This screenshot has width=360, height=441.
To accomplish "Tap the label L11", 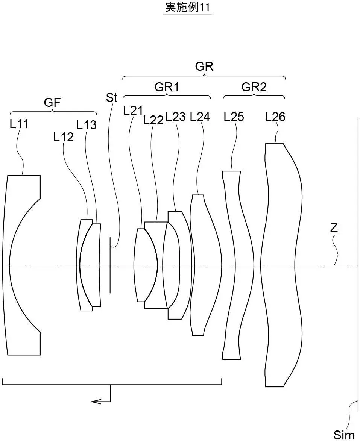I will (x=19, y=124).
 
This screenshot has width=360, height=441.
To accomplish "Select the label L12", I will (x=63, y=138).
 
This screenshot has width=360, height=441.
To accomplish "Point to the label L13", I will (x=86, y=125).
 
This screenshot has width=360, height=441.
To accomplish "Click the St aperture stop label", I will (x=112, y=98).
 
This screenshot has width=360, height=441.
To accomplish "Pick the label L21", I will (x=133, y=111).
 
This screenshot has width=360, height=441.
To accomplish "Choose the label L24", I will (x=200, y=117).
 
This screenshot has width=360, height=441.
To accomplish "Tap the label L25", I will (x=234, y=117).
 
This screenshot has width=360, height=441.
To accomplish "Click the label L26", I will (x=275, y=117).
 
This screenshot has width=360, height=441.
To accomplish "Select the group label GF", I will (x=53, y=102).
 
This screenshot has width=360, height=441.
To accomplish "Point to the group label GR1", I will (x=167, y=87).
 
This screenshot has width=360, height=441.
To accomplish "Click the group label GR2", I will (x=254, y=87).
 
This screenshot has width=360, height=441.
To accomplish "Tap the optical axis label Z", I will (x=334, y=227).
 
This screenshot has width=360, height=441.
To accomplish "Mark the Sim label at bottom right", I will (x=344, y=435).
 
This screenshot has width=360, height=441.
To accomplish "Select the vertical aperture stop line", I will (x=110, y=265).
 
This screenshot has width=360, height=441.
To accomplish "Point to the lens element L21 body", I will (x=145, y=265).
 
